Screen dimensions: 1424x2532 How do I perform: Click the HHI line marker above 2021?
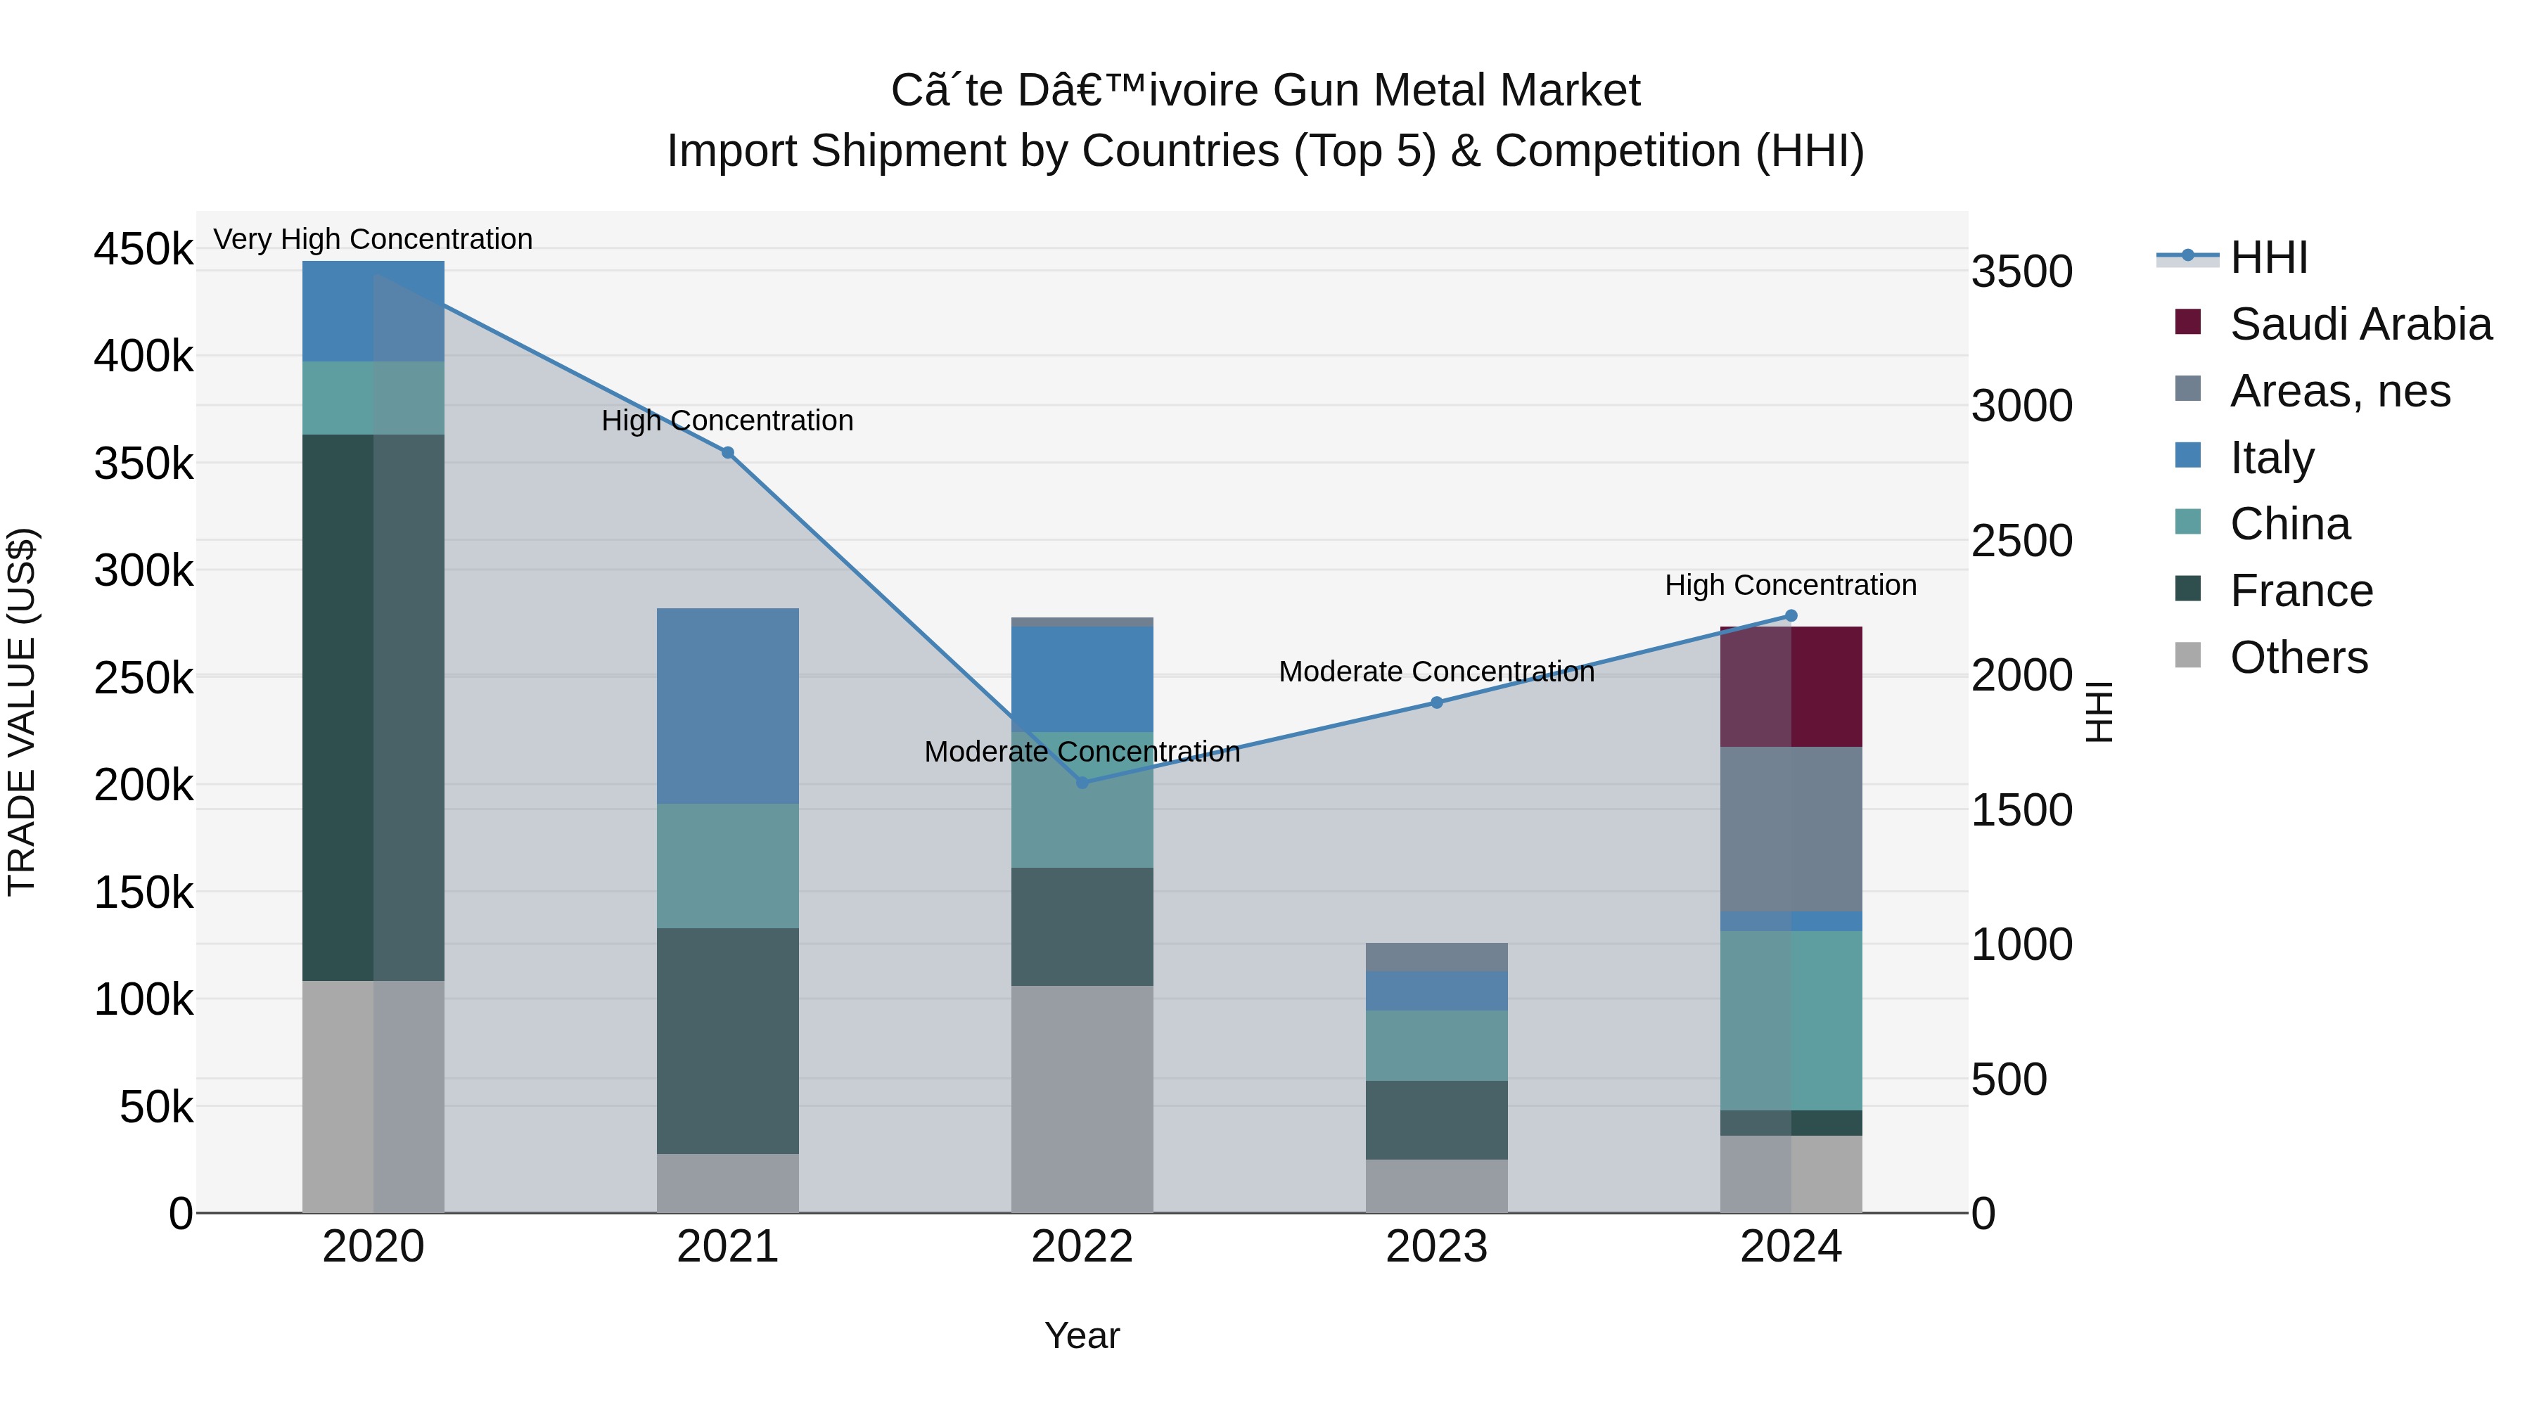727,453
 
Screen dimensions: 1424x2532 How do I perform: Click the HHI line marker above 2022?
1082,782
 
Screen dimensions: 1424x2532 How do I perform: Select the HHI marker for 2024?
1790,616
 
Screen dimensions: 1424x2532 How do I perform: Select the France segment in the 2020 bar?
373,707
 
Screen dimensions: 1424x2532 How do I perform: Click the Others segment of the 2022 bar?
1082,1098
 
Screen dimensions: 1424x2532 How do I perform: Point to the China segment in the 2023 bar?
1436,1045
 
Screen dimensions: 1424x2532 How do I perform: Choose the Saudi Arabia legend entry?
2359,324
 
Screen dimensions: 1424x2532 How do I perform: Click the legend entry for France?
2300,591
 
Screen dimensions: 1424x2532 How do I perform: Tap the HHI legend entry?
2267,257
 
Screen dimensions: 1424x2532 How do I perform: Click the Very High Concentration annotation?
373,239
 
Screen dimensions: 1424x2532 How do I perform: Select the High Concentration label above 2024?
1790,585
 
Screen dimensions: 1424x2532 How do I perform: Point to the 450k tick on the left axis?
143,249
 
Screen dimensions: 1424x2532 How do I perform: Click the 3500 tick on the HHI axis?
2022,271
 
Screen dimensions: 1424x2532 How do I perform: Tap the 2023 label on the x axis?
1436,1246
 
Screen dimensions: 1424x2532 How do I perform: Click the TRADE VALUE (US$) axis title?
22,712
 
